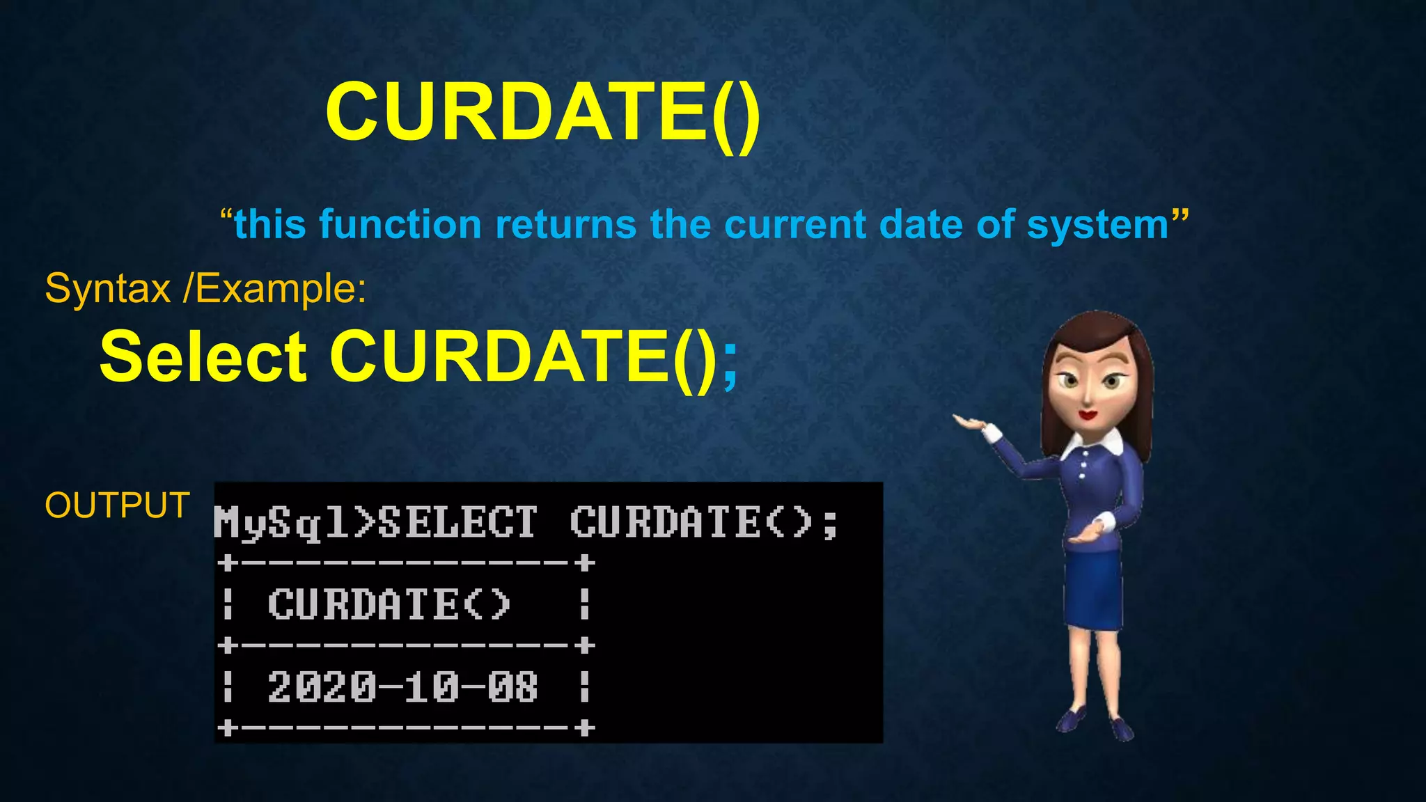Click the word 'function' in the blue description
click(x=400, y=225)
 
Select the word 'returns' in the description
click(x=565, y=225)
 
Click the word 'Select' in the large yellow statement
click(x=203, y=357)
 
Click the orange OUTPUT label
click(x=117, y=505)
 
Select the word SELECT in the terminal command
click(x=457, y=521)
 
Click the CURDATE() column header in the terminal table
click(x=390, y=604)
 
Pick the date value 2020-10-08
click(x=402, y=687)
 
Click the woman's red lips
click(x=1088, y=416)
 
